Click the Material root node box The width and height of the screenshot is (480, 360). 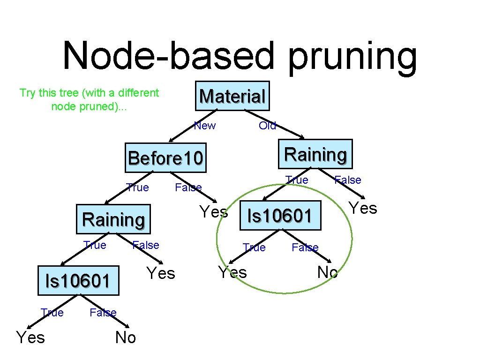(x=232, y=96)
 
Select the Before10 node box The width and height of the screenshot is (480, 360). (x=166, y=158)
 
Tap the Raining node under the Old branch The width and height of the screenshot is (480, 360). (x=315, y=154)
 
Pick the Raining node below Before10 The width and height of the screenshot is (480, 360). (x=113, y=219)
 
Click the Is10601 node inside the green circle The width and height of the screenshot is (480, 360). (x=280, y=216)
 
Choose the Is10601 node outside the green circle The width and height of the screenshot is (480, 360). (x=78, y=281)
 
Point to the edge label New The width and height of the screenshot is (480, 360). (x=205, y=126)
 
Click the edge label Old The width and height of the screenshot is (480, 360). (x=268, y=126)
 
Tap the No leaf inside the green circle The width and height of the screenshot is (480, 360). (x=327, y=272)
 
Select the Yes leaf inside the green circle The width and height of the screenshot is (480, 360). (x=232, y=272)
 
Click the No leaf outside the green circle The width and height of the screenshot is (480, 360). (x=125, y=337)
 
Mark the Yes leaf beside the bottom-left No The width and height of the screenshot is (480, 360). (x=30, y=337)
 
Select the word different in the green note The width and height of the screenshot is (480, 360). (x=137, y=93)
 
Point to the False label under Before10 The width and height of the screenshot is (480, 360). (x=188, y=188)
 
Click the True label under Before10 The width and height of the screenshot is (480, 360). (x=137, y=188)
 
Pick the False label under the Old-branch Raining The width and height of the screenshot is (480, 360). (x=347, y=180)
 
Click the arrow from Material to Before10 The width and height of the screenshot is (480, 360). (x=192, y=125)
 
